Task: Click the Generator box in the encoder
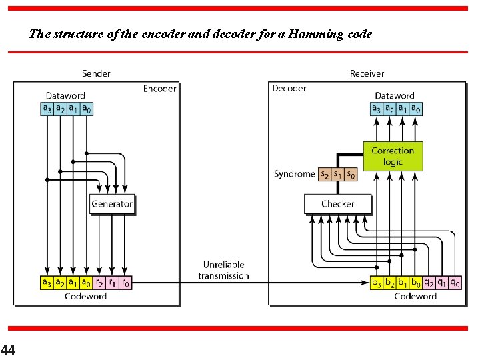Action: click(x=112, y=204)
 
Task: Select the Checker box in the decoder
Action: click(x=337, y=204)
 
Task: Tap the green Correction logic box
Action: click(x=393, y=156)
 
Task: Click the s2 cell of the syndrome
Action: click(x=325, y=174)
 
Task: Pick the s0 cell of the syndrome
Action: click(x=351, y=174)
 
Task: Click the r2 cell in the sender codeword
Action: click(x=99, y=283)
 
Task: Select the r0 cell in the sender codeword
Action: click(x=125, y=283)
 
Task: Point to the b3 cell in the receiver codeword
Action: click(x=377, y=283)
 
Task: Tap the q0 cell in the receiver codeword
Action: click(x=455, y=283)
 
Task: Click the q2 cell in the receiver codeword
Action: click(x=429, y=283)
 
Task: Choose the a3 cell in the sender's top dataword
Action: click(x=47, y=109)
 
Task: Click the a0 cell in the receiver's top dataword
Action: click(x=416, y=109)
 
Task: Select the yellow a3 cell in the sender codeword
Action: click(x=47, y=283)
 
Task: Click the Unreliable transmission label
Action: click(x=223, y=270)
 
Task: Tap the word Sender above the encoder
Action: click(x=96, y=73)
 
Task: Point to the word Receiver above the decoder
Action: click(x=367, y=73)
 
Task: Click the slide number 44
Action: click(x=8, y=349)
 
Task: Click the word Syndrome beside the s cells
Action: click(x=294, y=174)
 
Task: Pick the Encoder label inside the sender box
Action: click(x=160, y=89)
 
